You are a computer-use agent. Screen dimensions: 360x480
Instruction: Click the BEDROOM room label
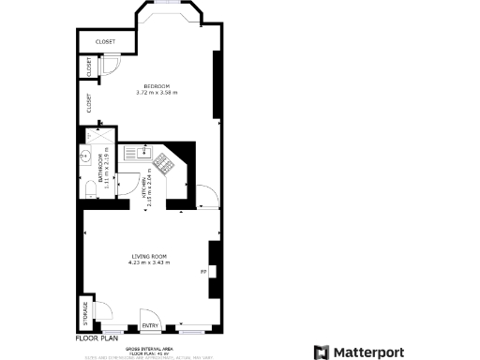click(x=157, y=86)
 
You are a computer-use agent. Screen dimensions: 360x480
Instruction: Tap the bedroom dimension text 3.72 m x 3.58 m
click(x=157, y=93)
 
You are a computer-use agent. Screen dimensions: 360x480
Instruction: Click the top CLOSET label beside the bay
click(x=106, y=42)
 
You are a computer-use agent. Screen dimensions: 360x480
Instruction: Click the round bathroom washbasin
click(x=84, y=157)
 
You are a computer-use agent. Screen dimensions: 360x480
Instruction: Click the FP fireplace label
click(x=203, y=273)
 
